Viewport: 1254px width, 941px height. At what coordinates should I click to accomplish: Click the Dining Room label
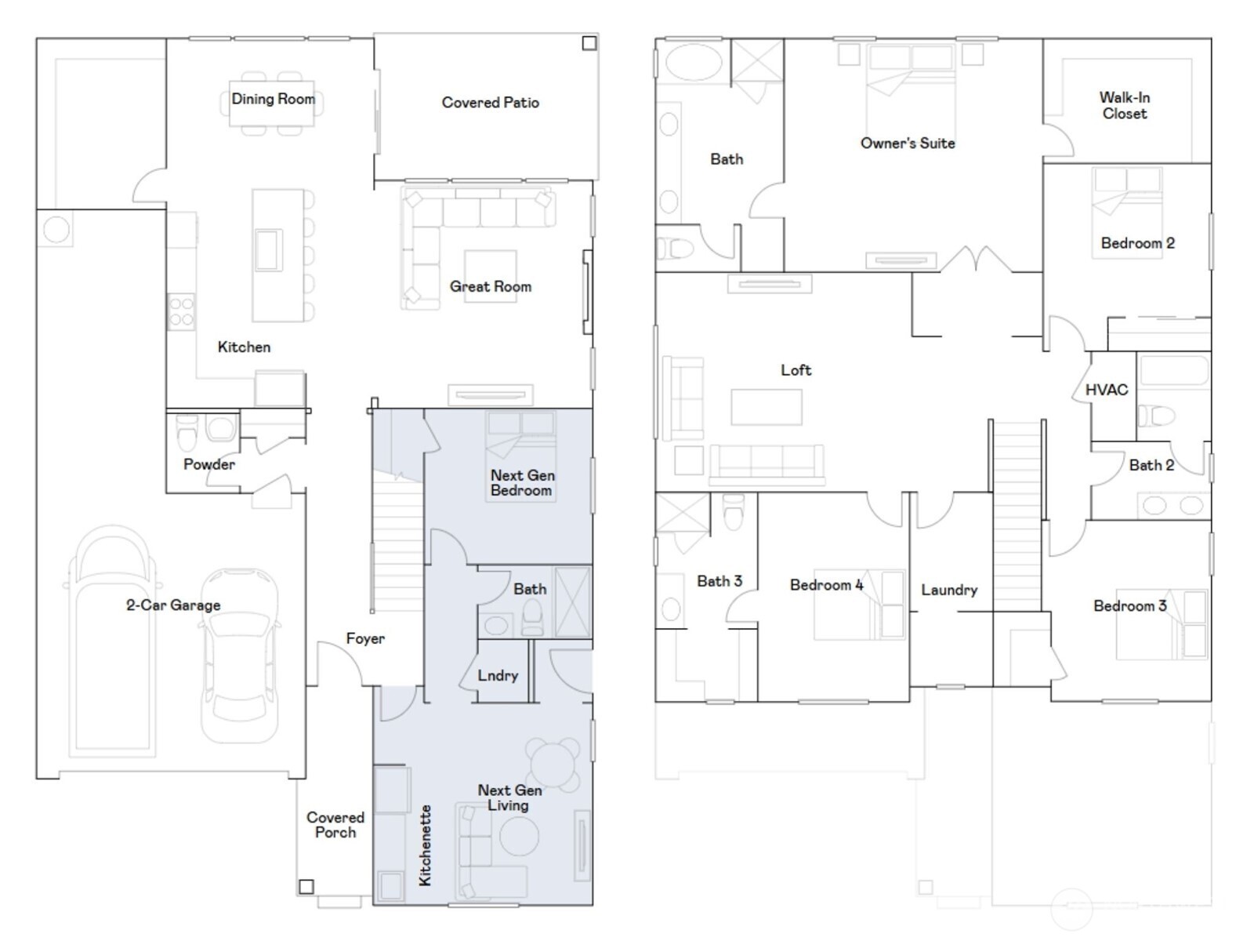coord(273,100)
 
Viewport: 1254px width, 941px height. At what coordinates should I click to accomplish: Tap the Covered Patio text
coord(490,103)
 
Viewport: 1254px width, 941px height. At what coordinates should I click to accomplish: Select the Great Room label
coord(490,287)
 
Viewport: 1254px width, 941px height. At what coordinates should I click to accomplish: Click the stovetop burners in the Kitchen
coord(182,311)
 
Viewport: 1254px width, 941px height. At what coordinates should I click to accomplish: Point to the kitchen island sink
coord(268,249)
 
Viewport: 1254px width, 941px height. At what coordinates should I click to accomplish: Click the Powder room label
coord(208,464)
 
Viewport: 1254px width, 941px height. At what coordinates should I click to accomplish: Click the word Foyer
coord(365,639)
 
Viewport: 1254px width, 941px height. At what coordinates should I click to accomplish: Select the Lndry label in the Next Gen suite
coord(498,675)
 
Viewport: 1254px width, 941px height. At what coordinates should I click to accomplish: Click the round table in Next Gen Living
coord(553,761)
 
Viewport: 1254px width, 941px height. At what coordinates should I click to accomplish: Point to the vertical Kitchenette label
coord(426,845)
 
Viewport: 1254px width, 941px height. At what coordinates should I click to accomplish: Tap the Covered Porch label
coord(335,825)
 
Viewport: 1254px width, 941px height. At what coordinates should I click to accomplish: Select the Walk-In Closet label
coord(1124,106)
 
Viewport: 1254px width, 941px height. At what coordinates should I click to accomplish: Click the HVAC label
coord(1106,390)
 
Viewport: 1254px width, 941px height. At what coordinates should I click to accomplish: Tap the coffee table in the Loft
coord(767,407)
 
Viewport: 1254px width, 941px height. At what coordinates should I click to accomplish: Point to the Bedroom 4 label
coord(826,585)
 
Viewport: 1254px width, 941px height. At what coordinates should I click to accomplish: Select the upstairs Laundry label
coord(948,590)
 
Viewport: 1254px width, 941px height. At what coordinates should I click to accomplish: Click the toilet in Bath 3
coord(734,512)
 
